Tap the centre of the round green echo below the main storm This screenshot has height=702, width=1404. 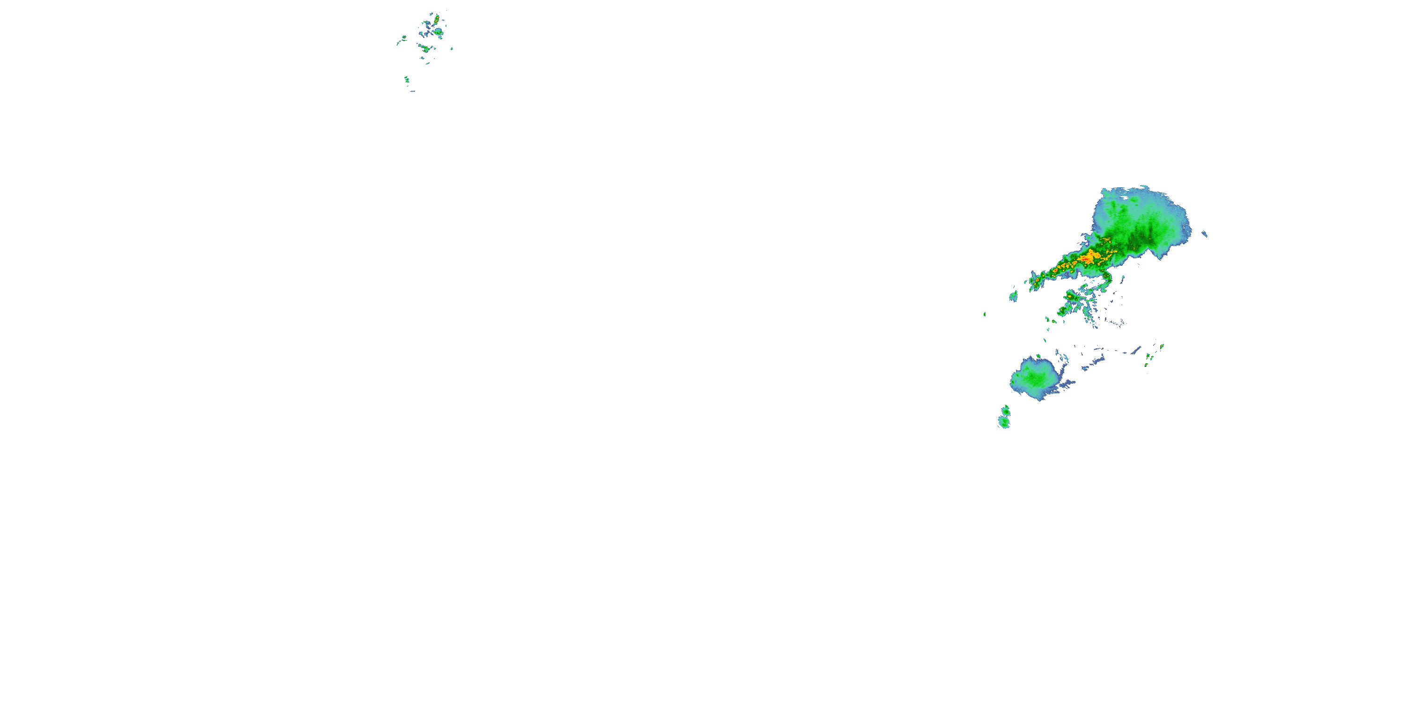(1033, 377)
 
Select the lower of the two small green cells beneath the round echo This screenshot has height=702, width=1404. (1003, 421)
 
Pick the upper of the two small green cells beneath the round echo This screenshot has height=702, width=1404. (1006, 409)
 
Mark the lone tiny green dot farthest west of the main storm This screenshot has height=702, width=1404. (984, 314)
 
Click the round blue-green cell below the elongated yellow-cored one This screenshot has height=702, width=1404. (439, 33)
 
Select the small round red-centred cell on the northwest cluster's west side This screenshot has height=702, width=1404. (404, 37)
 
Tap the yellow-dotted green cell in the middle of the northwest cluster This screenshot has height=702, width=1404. (425, 49)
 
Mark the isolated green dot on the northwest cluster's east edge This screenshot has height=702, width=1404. (452, 49)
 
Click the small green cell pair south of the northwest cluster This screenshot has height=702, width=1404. (407, 80)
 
